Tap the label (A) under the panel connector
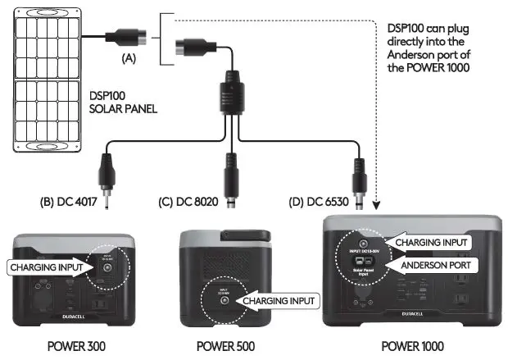(x=128, y=57)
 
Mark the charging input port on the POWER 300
(x=108, y=267)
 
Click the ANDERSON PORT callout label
(x=431, y=265)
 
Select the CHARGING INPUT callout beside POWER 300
(x=44, y=267)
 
